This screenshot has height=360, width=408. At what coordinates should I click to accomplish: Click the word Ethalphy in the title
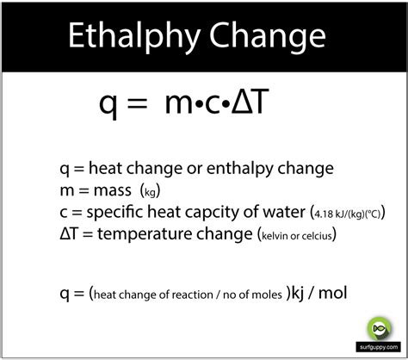(132, 39)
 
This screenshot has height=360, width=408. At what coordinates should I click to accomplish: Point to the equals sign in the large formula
(143, 106)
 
